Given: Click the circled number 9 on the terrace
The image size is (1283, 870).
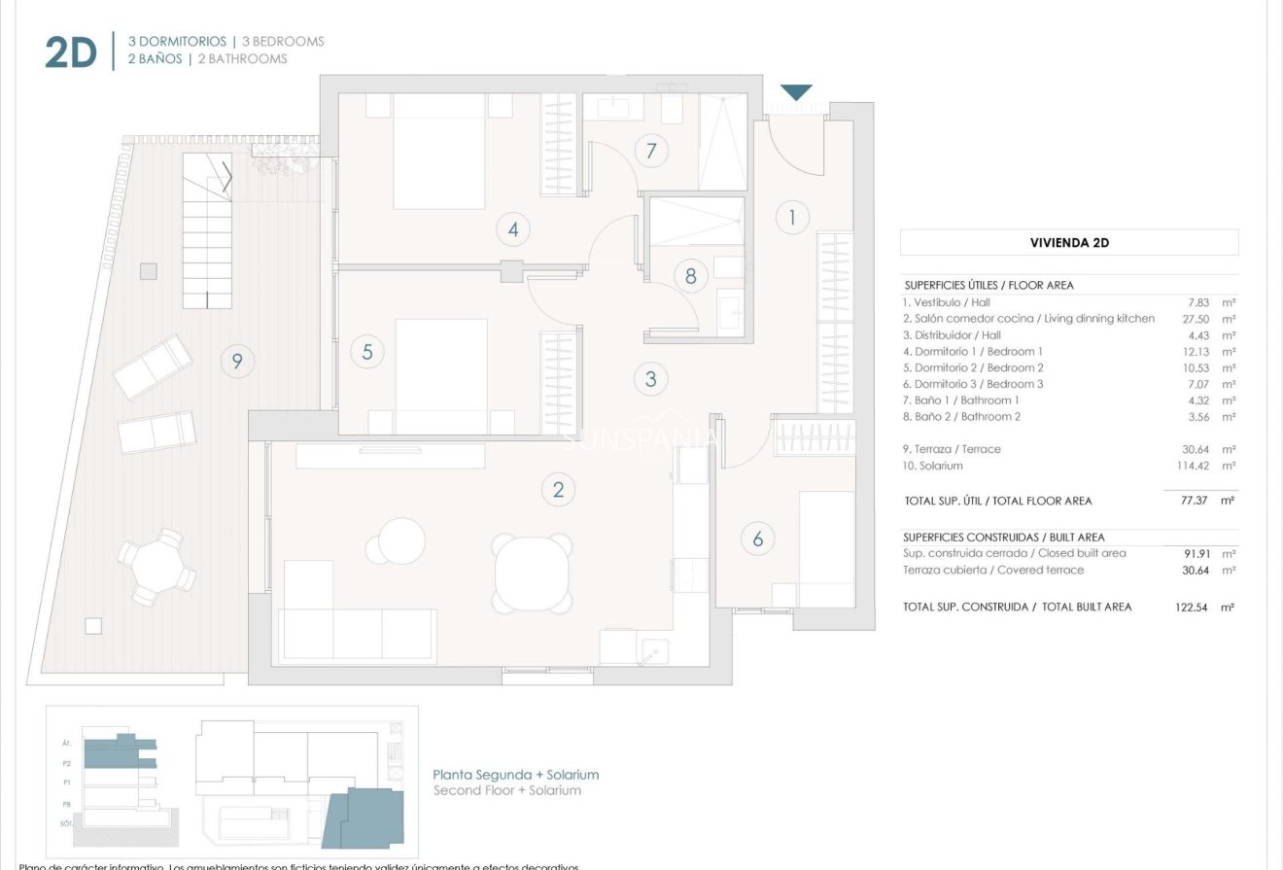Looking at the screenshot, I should click(x=236, y=362).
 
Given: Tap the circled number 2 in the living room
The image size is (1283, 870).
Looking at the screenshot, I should click(x=558, y=490).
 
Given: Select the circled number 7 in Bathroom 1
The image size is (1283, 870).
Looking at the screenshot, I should click(x=651, y=151).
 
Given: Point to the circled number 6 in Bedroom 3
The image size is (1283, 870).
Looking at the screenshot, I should click(x=758, y=537).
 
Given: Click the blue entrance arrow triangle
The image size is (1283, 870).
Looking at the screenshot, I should click(x=796, y=92).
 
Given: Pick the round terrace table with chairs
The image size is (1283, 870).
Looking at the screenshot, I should click(x=156, y=567).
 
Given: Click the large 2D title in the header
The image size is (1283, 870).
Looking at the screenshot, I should click(x=71, y=53).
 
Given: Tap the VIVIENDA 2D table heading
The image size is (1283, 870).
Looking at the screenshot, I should click(x=1069, y=243).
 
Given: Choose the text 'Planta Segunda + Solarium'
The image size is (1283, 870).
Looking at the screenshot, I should click(x=515, y=775).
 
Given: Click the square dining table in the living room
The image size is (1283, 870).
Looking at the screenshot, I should click(x=532, y=573).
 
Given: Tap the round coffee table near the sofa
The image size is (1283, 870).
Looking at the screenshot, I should click(x=401, y=541).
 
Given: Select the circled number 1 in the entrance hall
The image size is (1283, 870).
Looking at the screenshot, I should click(x=792, y=217).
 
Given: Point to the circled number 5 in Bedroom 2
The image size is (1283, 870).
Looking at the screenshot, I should click(x=367, y=351).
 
